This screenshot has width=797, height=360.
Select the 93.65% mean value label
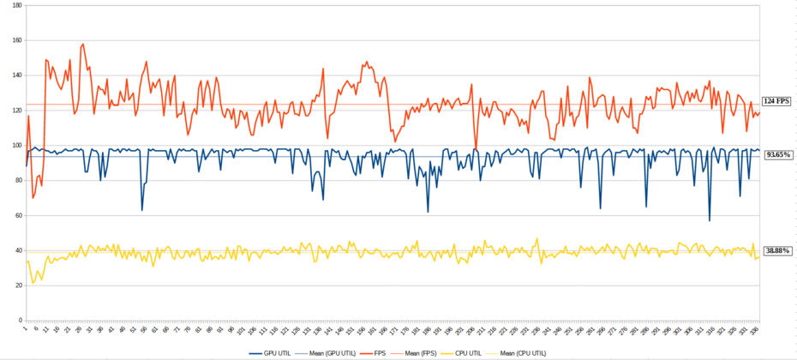coord(779,155)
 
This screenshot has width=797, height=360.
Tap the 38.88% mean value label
coord(779,250)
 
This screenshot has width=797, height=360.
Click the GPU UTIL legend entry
coord(274,352)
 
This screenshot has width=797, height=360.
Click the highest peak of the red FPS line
coord(82,45)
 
